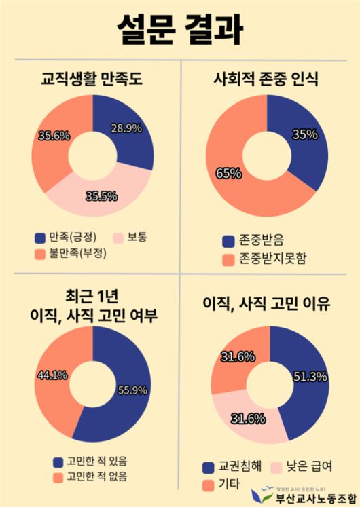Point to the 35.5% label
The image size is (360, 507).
click(x=101, y=197)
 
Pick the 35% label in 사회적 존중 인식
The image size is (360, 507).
click(x=305, y=134)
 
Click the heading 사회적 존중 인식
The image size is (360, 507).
click(x=270, y=81)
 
